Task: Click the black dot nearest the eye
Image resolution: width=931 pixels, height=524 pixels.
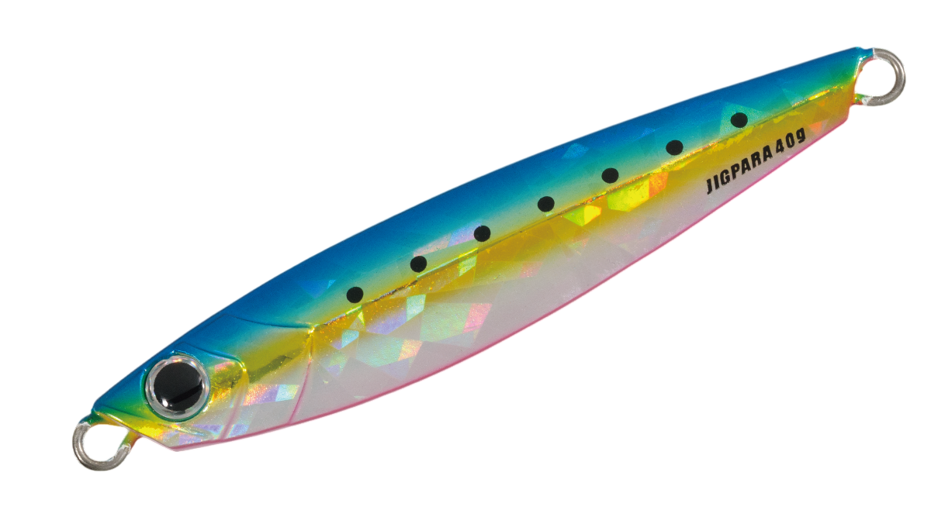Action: pos(355,295)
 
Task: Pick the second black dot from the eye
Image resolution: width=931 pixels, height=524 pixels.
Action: pos(418,264)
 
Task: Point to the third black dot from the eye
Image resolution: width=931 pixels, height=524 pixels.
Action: pos(482,233)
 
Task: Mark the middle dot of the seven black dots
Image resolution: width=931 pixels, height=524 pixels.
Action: pos(546,203)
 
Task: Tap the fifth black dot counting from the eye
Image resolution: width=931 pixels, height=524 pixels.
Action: pos(610,175)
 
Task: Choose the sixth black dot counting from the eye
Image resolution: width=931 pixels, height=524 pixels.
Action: pos(674,147)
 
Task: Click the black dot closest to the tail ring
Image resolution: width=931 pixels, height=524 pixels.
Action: pos(739,120)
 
